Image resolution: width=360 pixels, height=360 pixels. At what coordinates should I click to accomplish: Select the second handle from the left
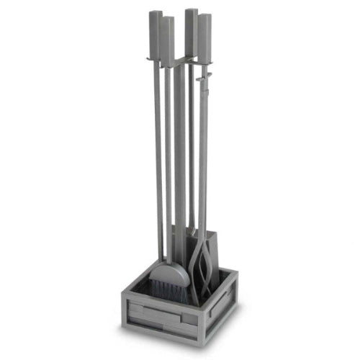(x=166, y=40)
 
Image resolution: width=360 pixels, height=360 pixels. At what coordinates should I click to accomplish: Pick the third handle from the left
(x=191, y=32)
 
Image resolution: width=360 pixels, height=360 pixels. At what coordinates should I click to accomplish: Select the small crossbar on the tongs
(x=203, y=73)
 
